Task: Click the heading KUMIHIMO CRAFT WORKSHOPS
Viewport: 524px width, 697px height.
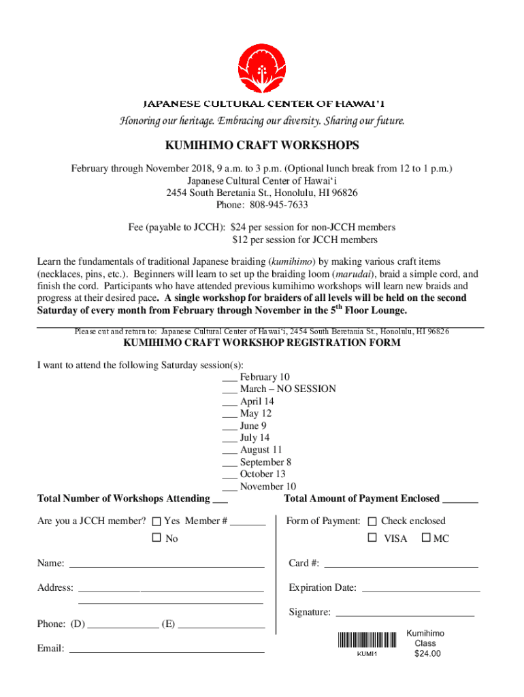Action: pyautogui.click(x=262, y=146)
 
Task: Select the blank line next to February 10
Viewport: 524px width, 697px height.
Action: pyautogui.click(x=229, y=378)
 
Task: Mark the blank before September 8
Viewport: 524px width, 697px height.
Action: pyautogui.click(x=229, y=464)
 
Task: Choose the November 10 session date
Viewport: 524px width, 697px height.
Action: pyautogui.click(x=268, y=486)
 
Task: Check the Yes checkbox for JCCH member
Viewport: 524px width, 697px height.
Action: pyautogui.click(x=156, y=521)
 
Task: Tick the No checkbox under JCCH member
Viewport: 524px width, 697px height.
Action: pyautogui.click(x=156, y=538)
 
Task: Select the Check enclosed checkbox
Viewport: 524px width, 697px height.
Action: pyautogui.click(x=372, y=521)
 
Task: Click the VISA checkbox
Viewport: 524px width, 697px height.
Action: pyautogui.click(x=372, y=538)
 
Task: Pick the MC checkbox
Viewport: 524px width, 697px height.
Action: pyautogui.click(x=426, y=538)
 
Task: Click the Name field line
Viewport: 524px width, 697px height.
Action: pyautogui.click(x=167, y=565)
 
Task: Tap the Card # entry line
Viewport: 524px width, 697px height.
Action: pyautogui.click(x=401, y=565)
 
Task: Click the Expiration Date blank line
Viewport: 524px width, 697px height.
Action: pyautogui.click(x=421, y=589)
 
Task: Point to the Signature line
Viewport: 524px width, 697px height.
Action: pyautogui.click(x=406, y=614)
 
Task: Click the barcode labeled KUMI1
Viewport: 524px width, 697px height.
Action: pyautogui.click(x=366, y=641)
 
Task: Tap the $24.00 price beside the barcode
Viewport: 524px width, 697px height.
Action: pyautogui.click(x=427, y=654)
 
